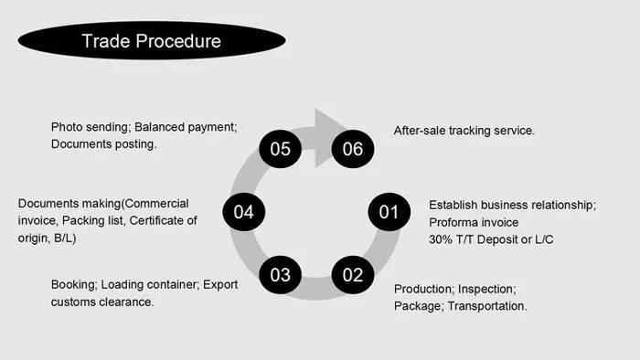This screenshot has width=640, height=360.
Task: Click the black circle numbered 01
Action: click(x=389, y=213)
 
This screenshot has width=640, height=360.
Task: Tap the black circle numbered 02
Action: click(x=353, y=274)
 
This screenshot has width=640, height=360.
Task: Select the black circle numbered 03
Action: click(x=281, y=274)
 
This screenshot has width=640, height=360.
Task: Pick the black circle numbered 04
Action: click(x=243, y=213)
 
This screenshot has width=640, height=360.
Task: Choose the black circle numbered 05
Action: click(x=281, y=149)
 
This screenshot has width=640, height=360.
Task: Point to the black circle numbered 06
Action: click(x=353, y=149)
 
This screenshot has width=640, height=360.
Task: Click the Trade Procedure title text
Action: click(x=150, y=41)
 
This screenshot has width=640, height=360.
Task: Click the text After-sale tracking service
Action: click(x=464, y=131)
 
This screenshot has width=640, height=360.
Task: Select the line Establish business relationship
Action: click(x=512, y=205)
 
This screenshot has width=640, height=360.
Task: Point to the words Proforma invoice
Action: click(x=474, y=222)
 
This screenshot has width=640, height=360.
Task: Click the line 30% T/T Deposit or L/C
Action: click(x=491, y=239)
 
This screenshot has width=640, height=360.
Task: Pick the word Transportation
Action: click(x=487, y=306)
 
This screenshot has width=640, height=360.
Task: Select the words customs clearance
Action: click(x=102, y=302)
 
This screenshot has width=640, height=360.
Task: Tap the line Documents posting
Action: click(x=103, y=144)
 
